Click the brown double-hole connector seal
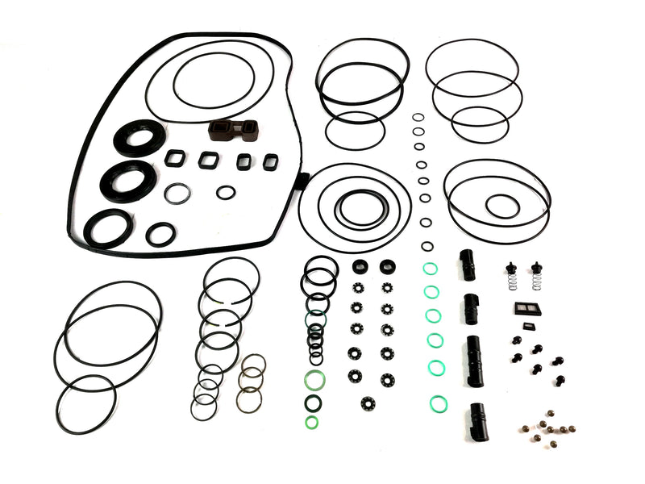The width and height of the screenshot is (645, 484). tap(229, 130)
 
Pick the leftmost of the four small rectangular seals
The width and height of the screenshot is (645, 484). tap(175, 158)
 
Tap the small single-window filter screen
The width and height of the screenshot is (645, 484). tap(529, 326)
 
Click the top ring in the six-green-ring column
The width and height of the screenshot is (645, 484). tap(431, 269)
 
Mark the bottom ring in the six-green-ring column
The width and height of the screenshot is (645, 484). tap(436, 402)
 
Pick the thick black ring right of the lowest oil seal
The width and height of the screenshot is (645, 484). tap(161, 234)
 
